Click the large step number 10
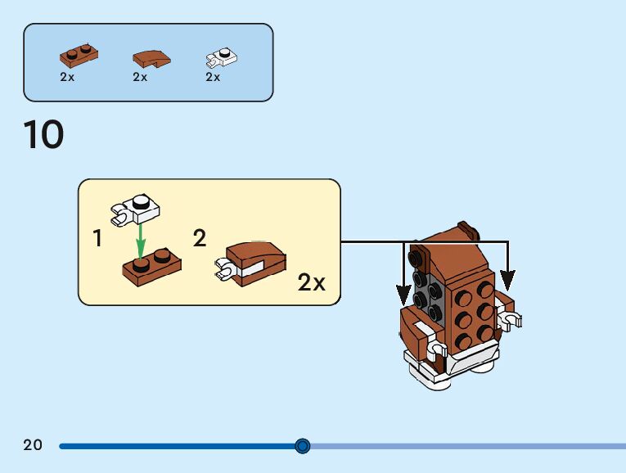click(43, 135)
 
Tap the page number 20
click(33, 446)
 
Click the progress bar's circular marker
click(303, 446)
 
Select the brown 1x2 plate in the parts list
click(79, 56)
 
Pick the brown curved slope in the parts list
click(151, 59)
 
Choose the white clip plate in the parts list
click(221, 56)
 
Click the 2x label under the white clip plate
click(213, 77)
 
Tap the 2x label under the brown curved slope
click(140, 77)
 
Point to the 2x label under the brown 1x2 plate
click(67, 77)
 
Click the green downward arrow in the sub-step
click(141, 240)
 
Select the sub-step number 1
click(98, 239)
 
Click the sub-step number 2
click(200, 238)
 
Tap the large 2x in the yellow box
click(311, 283)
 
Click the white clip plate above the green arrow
click(137, 209)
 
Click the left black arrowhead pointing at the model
click(402, 293)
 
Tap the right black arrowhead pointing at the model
click(507, 281)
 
